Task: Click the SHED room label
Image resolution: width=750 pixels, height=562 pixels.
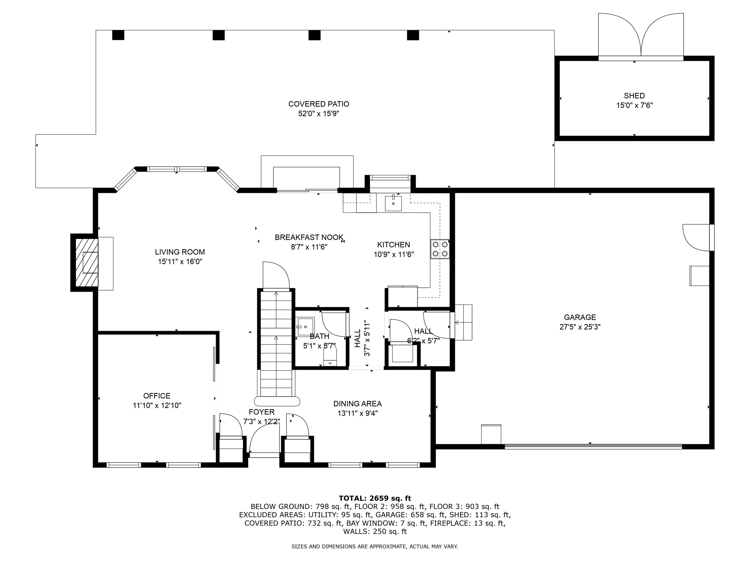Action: [x=634, y=96]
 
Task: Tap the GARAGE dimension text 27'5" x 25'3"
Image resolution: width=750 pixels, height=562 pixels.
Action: [x=580, y=327]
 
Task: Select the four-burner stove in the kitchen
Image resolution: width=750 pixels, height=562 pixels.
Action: [x=439, y=249]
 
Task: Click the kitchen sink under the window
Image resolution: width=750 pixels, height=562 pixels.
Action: [x=393, y=204]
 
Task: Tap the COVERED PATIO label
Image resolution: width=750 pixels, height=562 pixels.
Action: [x=319, y=104]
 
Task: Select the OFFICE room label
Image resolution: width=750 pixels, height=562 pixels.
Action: [x=157, y=396]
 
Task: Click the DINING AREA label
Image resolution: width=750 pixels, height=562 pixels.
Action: [x=357, y=404]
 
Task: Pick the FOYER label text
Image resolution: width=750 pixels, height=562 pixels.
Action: [x=261, y=412]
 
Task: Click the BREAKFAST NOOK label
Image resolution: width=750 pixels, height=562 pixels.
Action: [x=309, y=237]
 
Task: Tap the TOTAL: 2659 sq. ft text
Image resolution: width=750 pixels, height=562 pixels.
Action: [x=375, y=498]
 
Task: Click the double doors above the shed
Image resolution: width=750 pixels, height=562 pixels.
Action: [x=641, y=36]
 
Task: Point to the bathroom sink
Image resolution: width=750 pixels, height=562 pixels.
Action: [x=305, y=326]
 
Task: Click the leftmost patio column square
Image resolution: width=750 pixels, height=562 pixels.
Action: [x=118, y=35]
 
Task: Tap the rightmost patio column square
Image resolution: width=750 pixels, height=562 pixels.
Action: [x=413, y=35]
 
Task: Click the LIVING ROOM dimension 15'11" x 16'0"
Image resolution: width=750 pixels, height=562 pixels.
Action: [x=180, y=262]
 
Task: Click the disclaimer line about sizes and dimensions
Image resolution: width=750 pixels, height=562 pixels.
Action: [x=375, y=547]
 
